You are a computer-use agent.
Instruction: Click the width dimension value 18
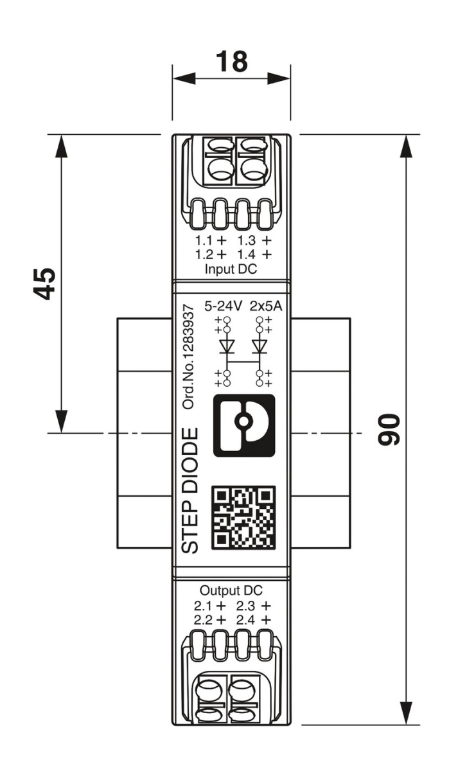pyautogui.click(x=231, y=62)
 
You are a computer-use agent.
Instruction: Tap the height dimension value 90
pyautogui.click(x=389, y=430)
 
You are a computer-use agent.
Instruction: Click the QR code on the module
pyautogui.click(x=243, y=518)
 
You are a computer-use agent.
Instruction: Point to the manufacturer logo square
pyautogui.click(x=243, y=425)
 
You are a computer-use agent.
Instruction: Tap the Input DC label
pyautogui.click(x=231, y=269)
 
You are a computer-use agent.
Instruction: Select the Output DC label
pyautogui.click(x=231, y=590)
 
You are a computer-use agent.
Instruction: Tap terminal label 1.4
pyautogui.click(x=246, y=254)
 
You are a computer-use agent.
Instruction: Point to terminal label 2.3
pyautogui.click(x=246, y=605)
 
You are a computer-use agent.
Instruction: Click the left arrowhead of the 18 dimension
pyautogui.click(x=184, y=80)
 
